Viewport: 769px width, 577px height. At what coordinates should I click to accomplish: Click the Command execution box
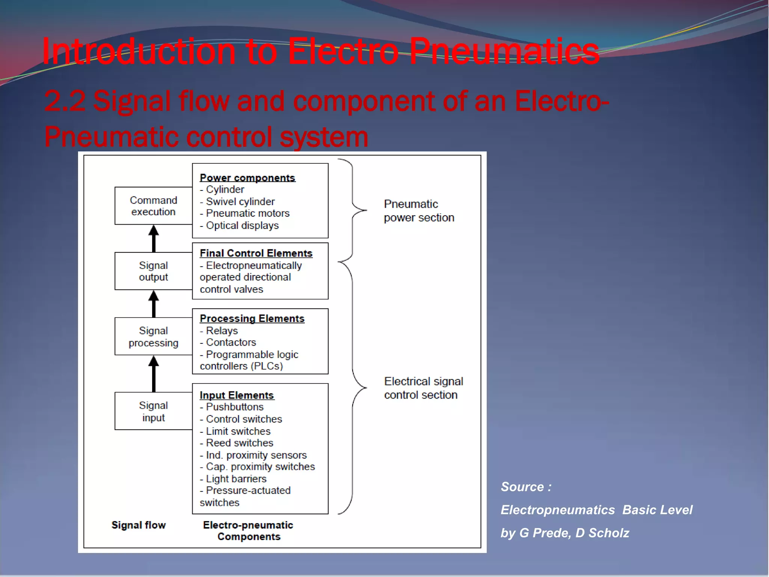[153, 206]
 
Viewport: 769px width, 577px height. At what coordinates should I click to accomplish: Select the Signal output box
[153, 271]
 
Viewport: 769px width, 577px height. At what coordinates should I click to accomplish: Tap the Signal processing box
[153, 337]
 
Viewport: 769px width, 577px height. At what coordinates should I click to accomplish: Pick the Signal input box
[153, 411]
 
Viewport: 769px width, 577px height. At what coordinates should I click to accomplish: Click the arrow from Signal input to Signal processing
[154, 374]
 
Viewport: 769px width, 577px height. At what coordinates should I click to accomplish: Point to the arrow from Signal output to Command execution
[154, 239]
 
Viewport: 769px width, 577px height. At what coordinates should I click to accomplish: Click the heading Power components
[247, 178]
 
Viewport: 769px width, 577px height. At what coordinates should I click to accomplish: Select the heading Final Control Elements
[256, 253]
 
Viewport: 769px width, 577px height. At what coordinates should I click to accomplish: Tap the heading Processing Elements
[252, 319]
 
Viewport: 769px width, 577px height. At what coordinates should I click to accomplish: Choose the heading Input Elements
[237, 395]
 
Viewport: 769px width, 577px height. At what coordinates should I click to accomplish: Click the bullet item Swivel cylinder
[240, 202]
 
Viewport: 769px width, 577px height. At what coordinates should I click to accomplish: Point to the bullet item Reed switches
[239, 443]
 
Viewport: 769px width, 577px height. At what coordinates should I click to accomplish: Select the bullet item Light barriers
[236, 479]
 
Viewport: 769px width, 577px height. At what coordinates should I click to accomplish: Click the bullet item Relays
[222, 331]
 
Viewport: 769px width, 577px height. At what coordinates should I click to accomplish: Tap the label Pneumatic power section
[419, 211]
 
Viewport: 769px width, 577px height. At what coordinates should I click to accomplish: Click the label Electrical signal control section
[423, 388]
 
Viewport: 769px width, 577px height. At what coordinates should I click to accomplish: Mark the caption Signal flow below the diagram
[139, 525]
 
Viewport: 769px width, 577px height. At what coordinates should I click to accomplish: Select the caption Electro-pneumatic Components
[248, 531]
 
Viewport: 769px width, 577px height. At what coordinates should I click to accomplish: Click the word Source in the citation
[522, 487]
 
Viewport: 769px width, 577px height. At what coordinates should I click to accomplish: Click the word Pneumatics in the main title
[504, 51]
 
